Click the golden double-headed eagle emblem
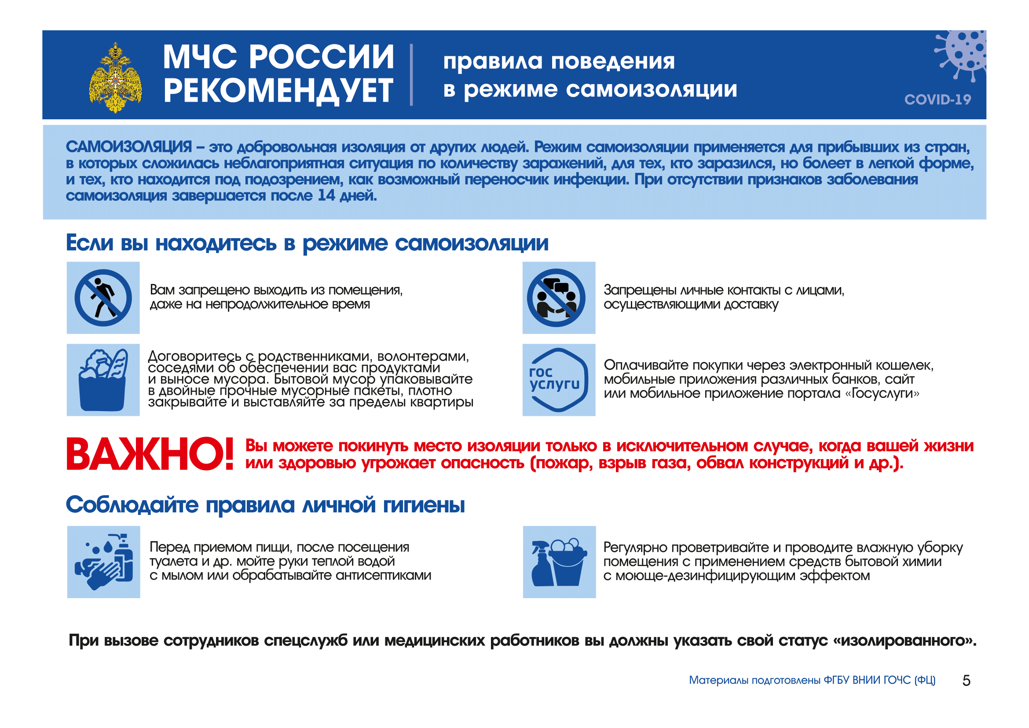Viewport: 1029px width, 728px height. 116,77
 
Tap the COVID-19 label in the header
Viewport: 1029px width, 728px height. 937,99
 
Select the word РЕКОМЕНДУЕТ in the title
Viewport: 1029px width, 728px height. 278,91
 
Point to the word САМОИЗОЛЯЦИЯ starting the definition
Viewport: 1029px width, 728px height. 128,147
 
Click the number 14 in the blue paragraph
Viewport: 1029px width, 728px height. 326,195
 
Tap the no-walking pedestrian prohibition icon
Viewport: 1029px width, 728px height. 103,298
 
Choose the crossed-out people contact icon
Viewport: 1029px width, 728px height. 558,298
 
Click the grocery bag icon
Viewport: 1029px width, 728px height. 103,380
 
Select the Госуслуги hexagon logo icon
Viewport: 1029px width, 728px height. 558,380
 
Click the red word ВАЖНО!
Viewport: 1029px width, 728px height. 150,454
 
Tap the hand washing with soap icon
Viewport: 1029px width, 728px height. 103,562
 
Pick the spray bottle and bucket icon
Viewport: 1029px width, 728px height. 559,562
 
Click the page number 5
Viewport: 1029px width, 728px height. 966,680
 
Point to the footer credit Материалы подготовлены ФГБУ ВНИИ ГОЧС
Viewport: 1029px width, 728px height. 812,680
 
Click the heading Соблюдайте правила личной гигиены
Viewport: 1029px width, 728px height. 265,505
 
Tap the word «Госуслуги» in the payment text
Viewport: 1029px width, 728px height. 882,393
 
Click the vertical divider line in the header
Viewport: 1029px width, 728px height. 411,75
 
